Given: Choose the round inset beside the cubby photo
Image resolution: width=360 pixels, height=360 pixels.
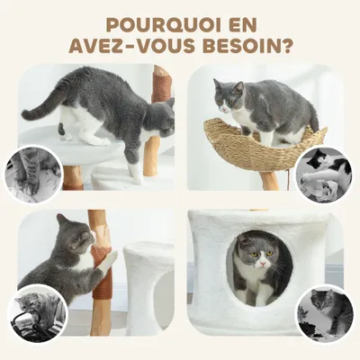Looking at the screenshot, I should click(x=325, y=310).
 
